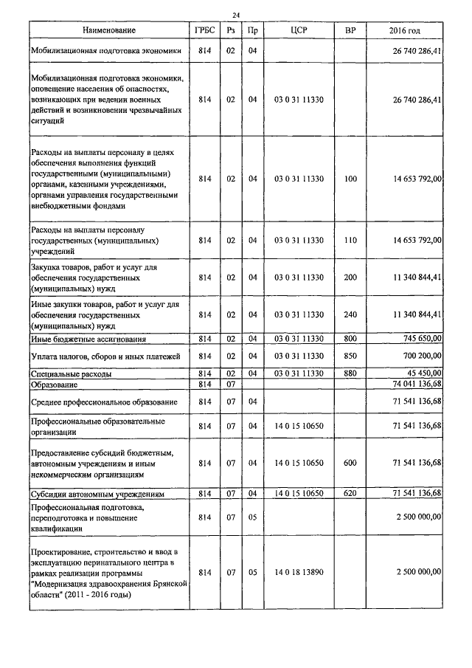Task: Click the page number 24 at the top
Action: pyautogui.click(x=236, y=15)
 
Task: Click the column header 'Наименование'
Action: pyautogui.click(x=109, y=30)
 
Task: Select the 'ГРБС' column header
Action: pyautogui.click(x=205, y=30)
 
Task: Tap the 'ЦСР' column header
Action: pyautogui.click(x=299, y=30)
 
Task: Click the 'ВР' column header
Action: pyautogui.click(x=350, y=30)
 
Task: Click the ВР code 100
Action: pyautogui.click(x=350, y=179)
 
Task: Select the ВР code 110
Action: pyautogui.click(x=350, y=241)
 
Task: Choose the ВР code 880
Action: pyautogui.click(x=350, y=374)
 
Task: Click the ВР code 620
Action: pyautogui.click(x=350, y=492)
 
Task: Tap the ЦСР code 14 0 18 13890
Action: pyautogui.click(x=299, y=572)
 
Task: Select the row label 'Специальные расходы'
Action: pyautogui.click(x=72, y=374)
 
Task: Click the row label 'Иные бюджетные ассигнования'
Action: pyautogui.click(x=88, y=339)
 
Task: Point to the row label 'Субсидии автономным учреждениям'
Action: pyautogui.click(x=97, y=492)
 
